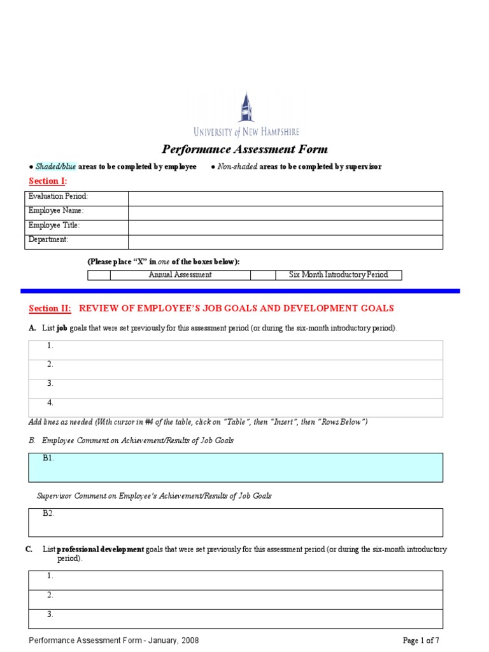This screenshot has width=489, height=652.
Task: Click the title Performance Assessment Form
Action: coord(244,150)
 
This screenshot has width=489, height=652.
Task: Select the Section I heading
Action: coord(48,181)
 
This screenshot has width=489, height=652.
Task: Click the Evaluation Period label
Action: coord(58,197)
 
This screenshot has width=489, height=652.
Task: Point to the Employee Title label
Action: coord(54,226)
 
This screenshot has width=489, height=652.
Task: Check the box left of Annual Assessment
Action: coord(99,275)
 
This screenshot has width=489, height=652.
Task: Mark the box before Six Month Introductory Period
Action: coord(262,275)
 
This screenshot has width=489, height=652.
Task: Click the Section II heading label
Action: coord(50,309)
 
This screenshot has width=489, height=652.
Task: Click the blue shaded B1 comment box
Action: coord(236,467)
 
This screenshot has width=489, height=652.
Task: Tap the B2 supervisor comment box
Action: coord(236,522)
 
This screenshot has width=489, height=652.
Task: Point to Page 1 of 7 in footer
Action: coord(421,641)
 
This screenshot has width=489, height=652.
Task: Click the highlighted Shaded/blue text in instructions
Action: coord(55,167)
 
